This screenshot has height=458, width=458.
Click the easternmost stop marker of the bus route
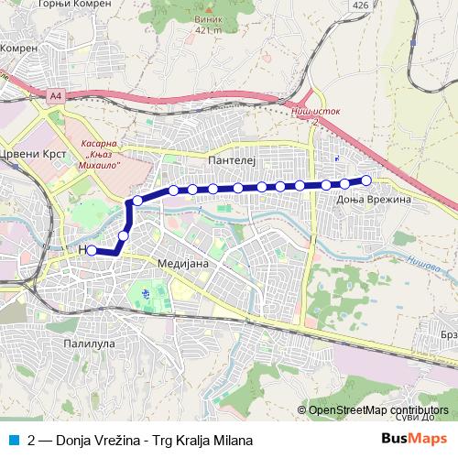[366, 180]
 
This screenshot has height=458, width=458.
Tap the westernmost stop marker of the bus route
[92, 250]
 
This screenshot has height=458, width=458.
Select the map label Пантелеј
[229, 158]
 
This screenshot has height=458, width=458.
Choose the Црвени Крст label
[35, 154]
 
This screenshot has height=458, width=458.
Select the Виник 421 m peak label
[208, 23]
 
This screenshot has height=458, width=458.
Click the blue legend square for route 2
[13, 439]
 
